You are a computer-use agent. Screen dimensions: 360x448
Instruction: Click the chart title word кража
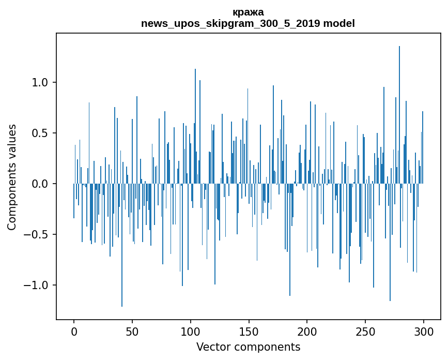point(248,12)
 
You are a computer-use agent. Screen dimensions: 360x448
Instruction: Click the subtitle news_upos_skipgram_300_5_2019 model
point(248,23)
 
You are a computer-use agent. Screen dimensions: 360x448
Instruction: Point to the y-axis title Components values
point(12,176)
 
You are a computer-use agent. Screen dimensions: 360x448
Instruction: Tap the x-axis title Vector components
point(248,347)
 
